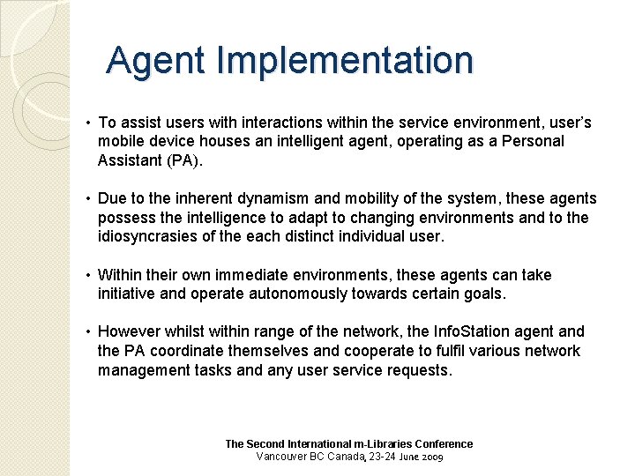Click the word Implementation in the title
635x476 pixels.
pos(345,61)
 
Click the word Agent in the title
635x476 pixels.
pos(156,61)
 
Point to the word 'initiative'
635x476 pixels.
pos(129,294)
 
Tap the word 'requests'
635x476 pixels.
pos(419,370)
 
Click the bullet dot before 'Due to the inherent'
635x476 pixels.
pos(89,199)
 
